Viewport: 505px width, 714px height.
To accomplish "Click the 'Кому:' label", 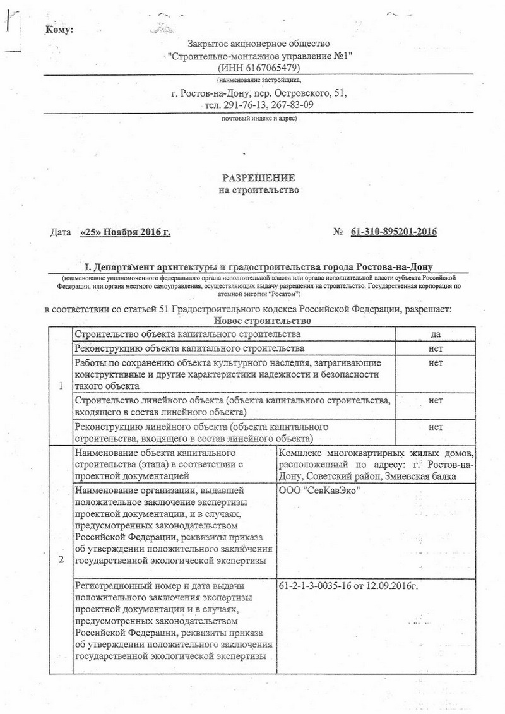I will [x=59, y=30].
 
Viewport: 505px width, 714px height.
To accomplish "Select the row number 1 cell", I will [x=60, y=386].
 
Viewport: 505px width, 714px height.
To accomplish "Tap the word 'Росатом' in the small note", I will [x=285, y=294].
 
